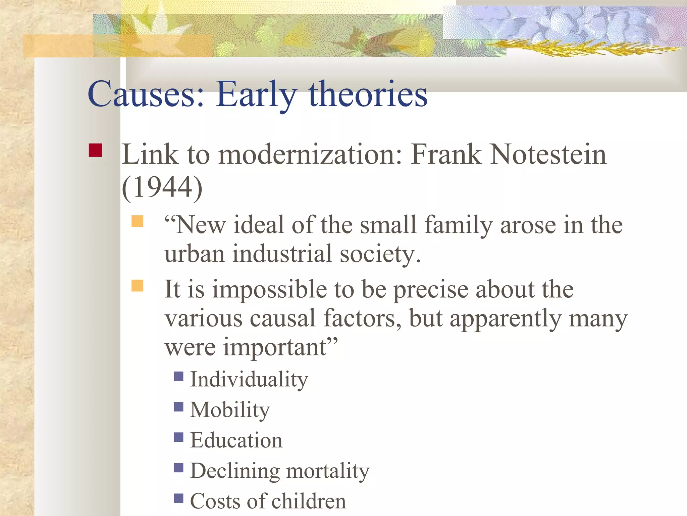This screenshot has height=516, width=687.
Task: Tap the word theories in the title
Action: tap(368, 94)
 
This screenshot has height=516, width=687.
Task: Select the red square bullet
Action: tap(95, 150)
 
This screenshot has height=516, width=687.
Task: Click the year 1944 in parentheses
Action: tap(162, 187)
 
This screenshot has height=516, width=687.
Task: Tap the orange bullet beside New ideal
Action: tap(137, 222)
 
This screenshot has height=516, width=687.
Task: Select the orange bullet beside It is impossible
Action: tap(137, 286)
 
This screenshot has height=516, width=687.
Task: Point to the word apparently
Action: tap(506, 318)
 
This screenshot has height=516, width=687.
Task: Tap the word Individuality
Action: tap(249, 380)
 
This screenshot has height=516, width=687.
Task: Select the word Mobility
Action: tap(230, 410)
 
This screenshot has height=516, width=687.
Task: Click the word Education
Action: tap(236, 440)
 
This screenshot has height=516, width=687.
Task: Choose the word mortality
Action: tap(328, 471)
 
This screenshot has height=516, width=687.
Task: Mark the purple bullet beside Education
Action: tap(179, 437)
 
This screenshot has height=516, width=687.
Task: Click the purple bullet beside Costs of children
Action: tap(179, 498)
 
